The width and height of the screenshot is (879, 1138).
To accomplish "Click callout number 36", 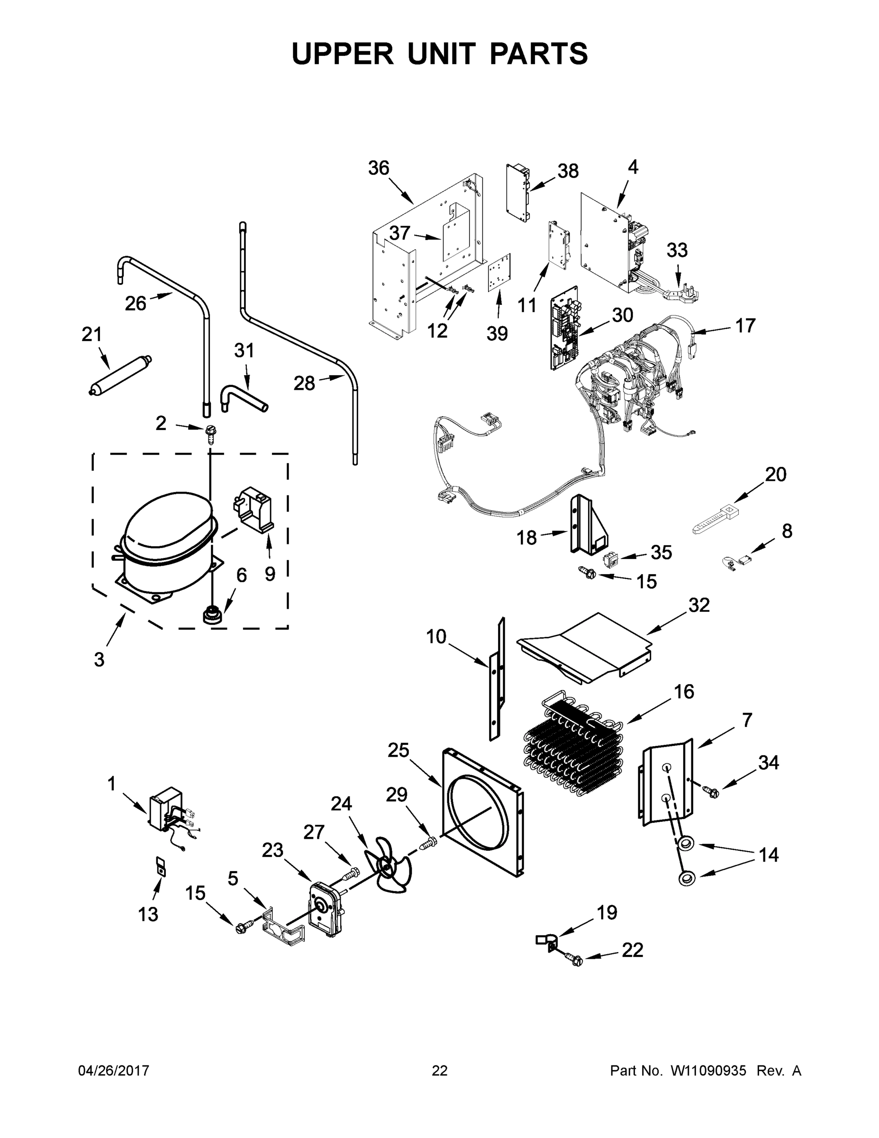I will click(x=379, y=168).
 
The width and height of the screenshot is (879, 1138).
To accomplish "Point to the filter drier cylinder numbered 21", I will click(x=119, y=374).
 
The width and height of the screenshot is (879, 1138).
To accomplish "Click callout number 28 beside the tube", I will click(x=304, y=384).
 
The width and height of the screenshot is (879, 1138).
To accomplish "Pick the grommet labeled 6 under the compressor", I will click(x=211, y=614).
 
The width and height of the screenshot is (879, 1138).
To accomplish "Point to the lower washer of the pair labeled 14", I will click(x=688, y=880).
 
